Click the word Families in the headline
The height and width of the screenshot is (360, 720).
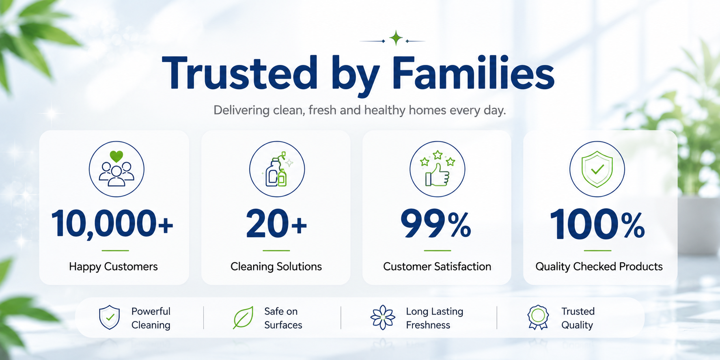473,73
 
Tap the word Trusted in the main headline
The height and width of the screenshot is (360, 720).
239,73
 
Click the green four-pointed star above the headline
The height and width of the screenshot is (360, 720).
396,38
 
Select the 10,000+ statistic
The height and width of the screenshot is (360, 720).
112,224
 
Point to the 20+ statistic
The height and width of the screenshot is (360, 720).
276,224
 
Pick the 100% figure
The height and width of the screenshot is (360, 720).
597,224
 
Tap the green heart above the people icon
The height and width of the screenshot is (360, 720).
116,156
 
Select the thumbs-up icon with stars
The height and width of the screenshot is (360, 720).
438,169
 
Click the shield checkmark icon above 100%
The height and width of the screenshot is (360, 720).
597,169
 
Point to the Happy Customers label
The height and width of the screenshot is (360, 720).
113,267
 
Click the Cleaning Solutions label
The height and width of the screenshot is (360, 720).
276,267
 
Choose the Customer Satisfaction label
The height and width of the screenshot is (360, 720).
437,267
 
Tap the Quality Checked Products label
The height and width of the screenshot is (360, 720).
599,267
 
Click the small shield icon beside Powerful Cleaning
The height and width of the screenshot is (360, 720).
110,317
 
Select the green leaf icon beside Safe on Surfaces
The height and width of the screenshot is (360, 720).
244,317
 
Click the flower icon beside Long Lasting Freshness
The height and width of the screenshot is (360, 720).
383,317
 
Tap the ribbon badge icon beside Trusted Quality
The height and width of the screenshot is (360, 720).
538,317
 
